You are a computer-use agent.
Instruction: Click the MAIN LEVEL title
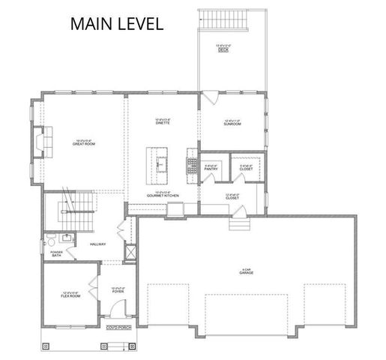(x=116, y=24)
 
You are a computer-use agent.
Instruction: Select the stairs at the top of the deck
(x=229, y=18)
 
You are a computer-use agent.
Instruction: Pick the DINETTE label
(x=163, y=121)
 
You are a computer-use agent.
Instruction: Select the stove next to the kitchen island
(x=190, y=158)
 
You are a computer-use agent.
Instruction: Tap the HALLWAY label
(x=97, y=244)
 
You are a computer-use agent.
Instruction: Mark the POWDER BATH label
(x=57, y=253)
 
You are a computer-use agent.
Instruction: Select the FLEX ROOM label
(x=70, y=295)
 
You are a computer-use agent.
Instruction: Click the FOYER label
(x=118, y=291)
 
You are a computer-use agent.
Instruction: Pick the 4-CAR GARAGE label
(x=244, y=272)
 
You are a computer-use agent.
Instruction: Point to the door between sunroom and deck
(x=210, y=97)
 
